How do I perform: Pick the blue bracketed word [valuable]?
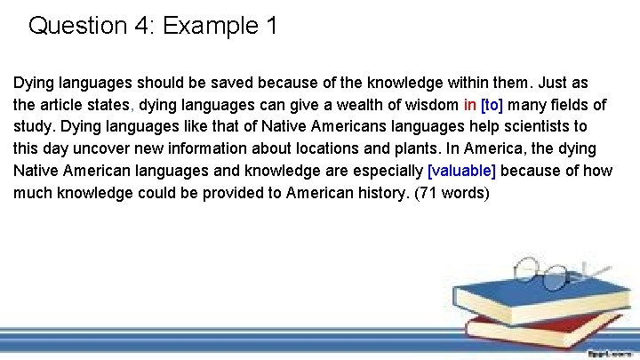461,170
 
